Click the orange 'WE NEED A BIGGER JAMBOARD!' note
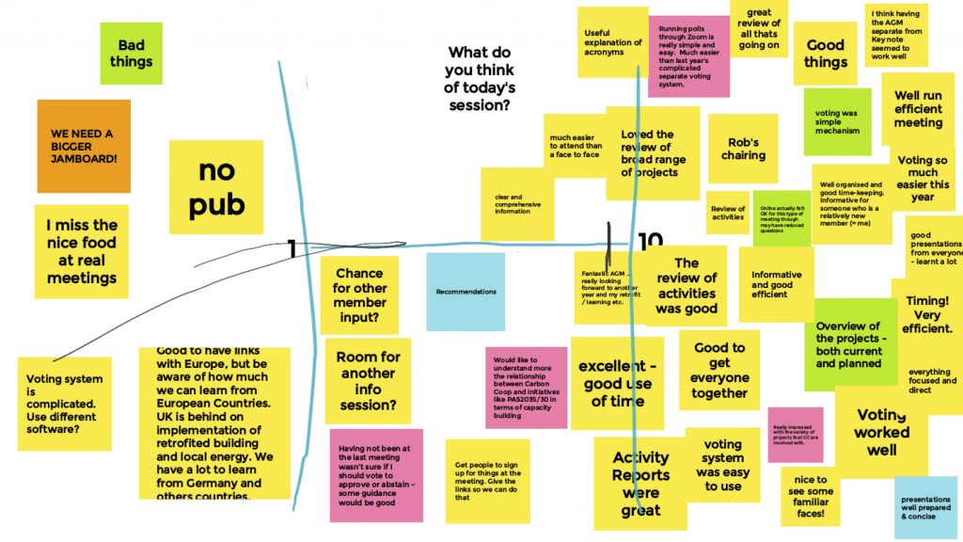pyautogui.click(x=84, y=146)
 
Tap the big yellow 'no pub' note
pyautogui.click(x=216, y=187)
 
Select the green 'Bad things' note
pyautogui.click(x=131, y=54)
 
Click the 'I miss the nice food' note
pyautogui.click(x=82, y=251)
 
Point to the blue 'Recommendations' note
pyautogui.click(x=466, y=292)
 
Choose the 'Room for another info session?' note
pyautogui.click(x=368, y=381)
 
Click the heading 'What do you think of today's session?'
pyautogui.click(x=481, y=79)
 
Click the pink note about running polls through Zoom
pyautogui.click(x=688, y=56)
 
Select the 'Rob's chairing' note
pyautogui.click(x=743, y=149)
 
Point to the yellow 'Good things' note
pyautogui.click(x=825, y=54)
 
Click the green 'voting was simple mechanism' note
pyautogui.click(x=837, y=122)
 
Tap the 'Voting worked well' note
pyautogui.click(x=881, y=432)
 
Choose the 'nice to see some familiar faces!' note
pyautogui.click(x=810, y=496)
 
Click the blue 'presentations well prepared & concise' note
pyautogui.click(x=925, y=507)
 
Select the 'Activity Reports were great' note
pyautogui.click(x=640, y=484)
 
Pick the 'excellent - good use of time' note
pyautogui.click(x=616, y=383)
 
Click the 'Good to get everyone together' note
pyautogui.click(x=719, y=371)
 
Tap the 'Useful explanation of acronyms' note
pyautogui.click(x=612, y=41)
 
